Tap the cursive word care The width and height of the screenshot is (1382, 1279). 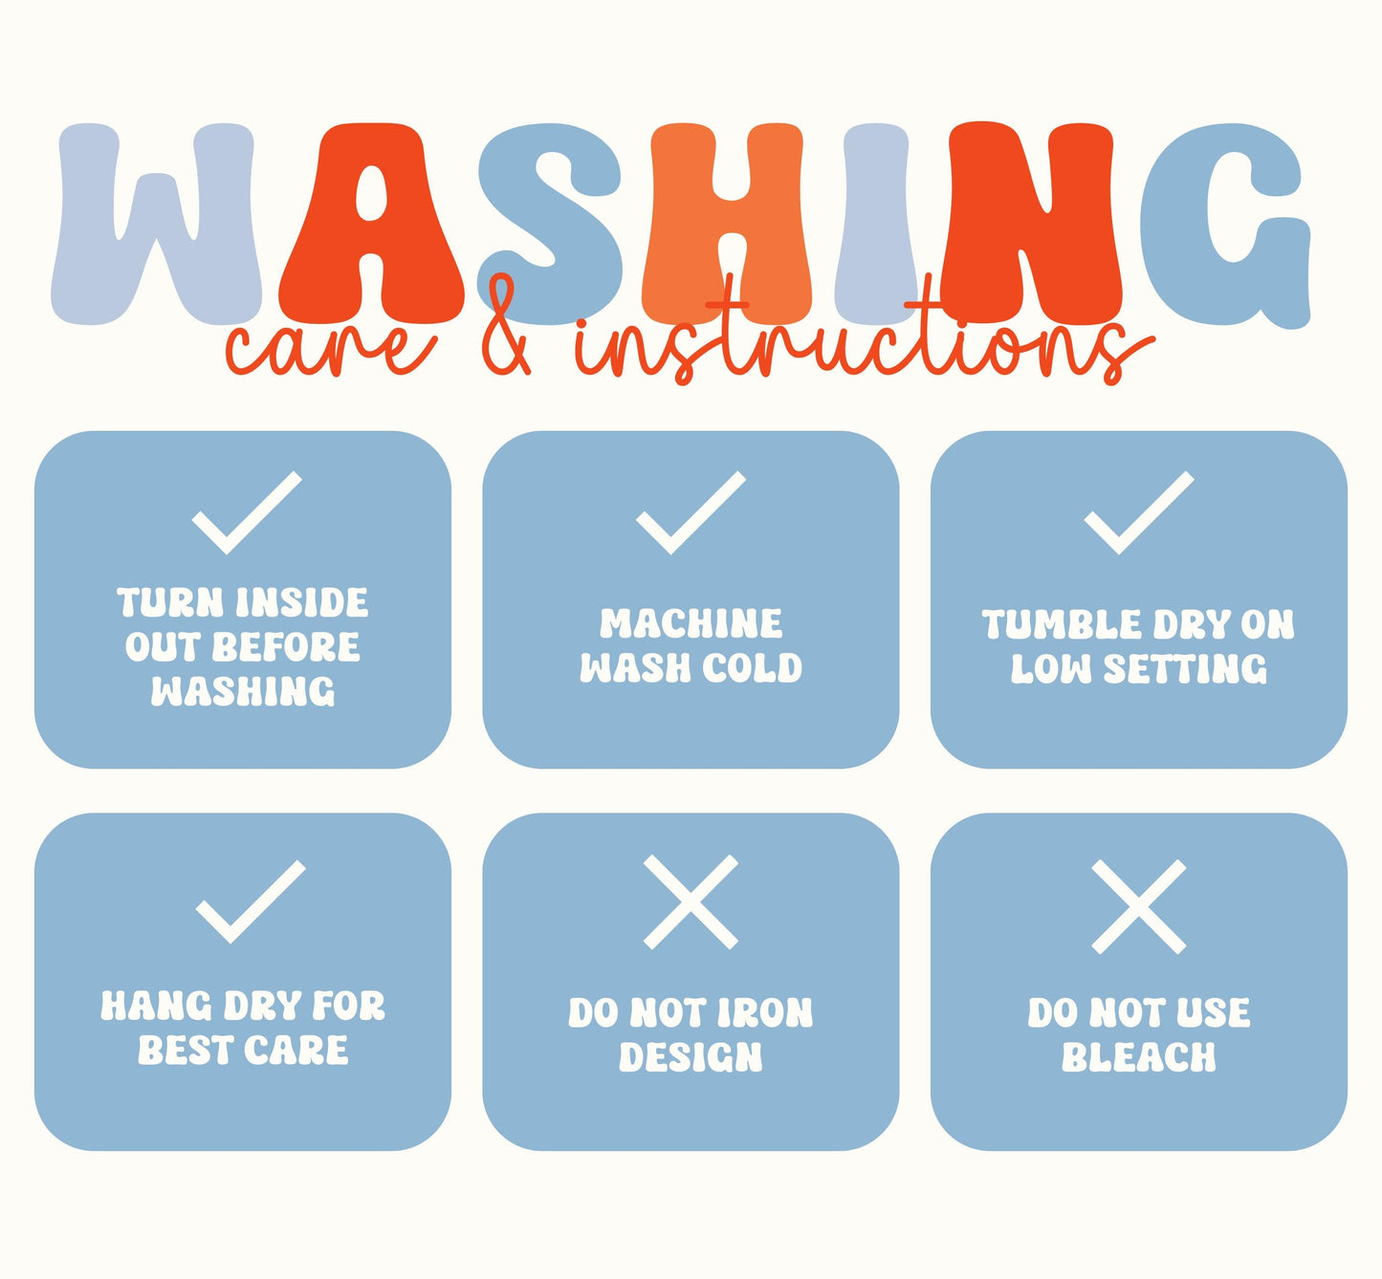[x=331, y=348]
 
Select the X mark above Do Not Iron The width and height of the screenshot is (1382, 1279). [x=691, y=901]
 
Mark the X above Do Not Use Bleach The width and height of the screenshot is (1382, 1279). [x=1138, y=907]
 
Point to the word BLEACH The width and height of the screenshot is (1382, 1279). [x=1138, y=1057]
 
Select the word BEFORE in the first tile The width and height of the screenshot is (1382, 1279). [x=286, y=647]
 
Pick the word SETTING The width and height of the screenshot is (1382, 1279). [x=1186, y=669]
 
